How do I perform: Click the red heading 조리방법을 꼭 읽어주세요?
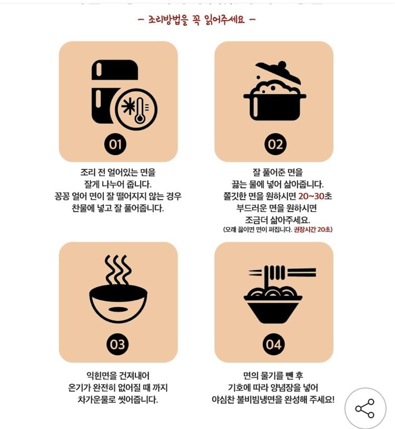pos(196,19)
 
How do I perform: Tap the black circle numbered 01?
pos(115,144)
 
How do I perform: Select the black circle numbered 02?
pos(275,144)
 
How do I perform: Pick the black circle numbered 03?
pos(117,344)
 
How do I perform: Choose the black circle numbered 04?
pos(273,344)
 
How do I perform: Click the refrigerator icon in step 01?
pos(114,92)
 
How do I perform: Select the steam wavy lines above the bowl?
pos(117,270)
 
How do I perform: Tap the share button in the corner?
pos(365,408)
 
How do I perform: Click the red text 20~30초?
pos(315,196)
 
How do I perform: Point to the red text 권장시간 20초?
pos(312,230)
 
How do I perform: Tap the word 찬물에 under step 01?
pos(83,208)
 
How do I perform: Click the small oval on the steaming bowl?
pos(118,310)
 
